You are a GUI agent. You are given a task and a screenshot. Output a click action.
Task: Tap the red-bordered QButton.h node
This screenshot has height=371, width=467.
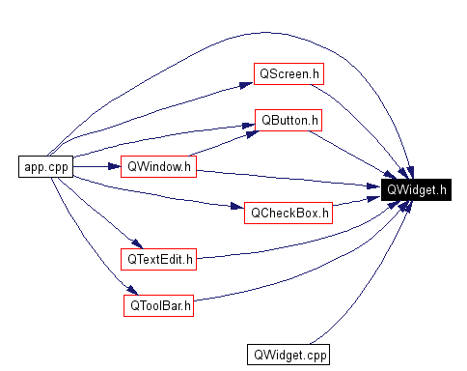click(288, 121)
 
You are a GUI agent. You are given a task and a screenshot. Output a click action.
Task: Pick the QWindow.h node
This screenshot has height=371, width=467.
click(159, 166)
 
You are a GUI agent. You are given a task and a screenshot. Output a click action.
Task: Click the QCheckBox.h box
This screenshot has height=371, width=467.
click(288, 213)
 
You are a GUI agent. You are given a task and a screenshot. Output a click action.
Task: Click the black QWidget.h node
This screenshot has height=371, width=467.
click(415, 189)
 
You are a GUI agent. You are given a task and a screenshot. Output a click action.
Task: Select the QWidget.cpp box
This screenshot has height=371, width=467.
click(288, 355)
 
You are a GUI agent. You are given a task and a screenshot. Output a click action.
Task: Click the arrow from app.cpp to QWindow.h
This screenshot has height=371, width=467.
click(96, 166)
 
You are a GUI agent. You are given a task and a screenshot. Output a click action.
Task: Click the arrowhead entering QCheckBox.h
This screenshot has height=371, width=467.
click(236, 207)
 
